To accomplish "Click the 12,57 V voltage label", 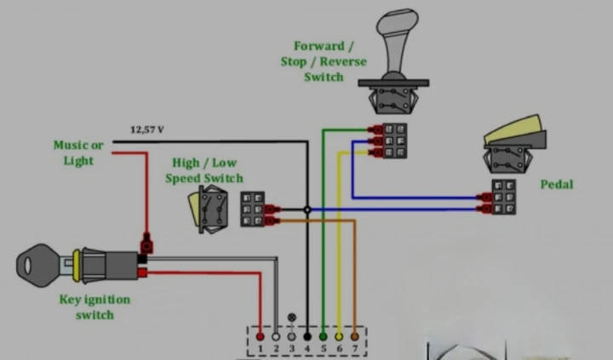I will pyautogui.click(x=146, y=130).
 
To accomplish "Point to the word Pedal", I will pyautogui.click(x=557, y=184).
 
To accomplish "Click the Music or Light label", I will pyautogui.click(x=78, y=152).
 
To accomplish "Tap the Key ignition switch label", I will pyautogui.click(x=95, y=307).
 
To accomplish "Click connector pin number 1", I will pyautogui.click(x=261, y=348).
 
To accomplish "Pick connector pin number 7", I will pyautogui.click(x=354, y=348).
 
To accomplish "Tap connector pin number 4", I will pyautogui.click(x=307, y=348).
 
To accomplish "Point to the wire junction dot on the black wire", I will pyautogui.click(x=307, y=209).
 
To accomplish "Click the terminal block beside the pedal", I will pyautogui.click(x=503, y=197).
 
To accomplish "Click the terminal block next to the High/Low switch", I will pyautogui.click(x=252, y=209).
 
